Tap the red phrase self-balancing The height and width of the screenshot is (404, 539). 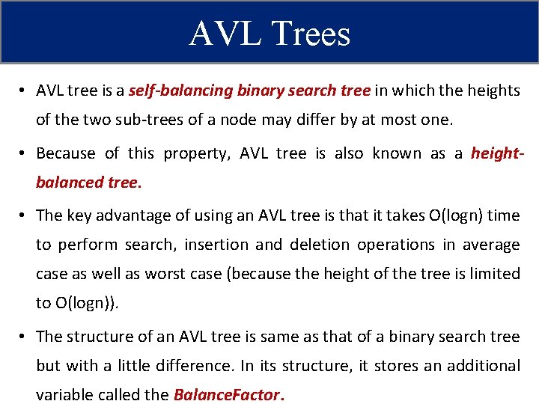pyautogui.click(x=180, y=91)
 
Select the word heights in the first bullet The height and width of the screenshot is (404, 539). pyautogui.click(x=493, y=91)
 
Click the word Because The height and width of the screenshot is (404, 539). pyautogui.click(x=66, y=153)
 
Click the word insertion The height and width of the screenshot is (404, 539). pyautogui.click(x=218, y=245)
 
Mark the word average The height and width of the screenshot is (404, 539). pyautogui.click(x=490, y=245)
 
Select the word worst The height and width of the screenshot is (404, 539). pyautogui.click(x=168, y=274)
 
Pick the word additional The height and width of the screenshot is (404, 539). pyautogui.click(x=481, y=366)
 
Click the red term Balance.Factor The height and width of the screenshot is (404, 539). pyautogui.click(x=226, y=395)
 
